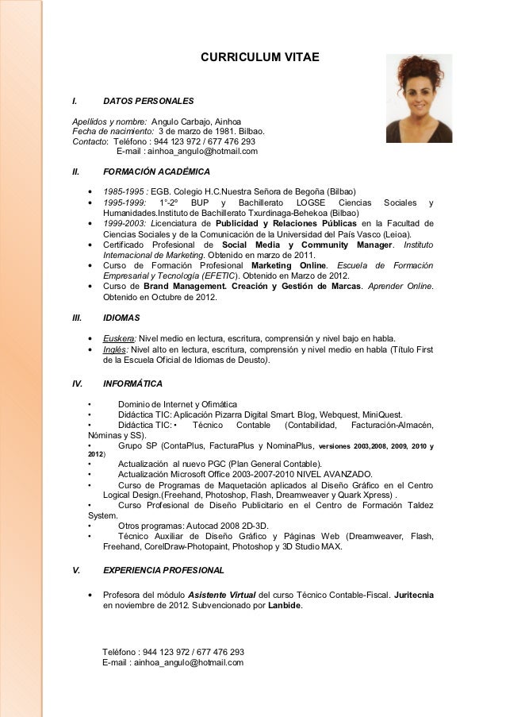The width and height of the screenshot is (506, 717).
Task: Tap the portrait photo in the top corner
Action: tap(419, 98)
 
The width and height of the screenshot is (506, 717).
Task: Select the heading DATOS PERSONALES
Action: tap(148, 102)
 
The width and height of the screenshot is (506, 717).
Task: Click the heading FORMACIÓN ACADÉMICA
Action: tap(156, 171)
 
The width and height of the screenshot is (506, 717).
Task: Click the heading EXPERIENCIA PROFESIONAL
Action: tap(163, 570)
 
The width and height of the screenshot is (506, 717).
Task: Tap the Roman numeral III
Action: tap(77, 317)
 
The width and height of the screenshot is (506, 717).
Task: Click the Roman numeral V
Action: tap(75, 570)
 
